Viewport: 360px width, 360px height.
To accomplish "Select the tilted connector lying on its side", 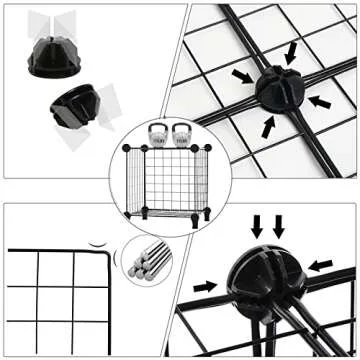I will (x=73, y=104).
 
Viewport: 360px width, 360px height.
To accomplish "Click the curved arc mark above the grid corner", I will (x=96, y=242).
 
